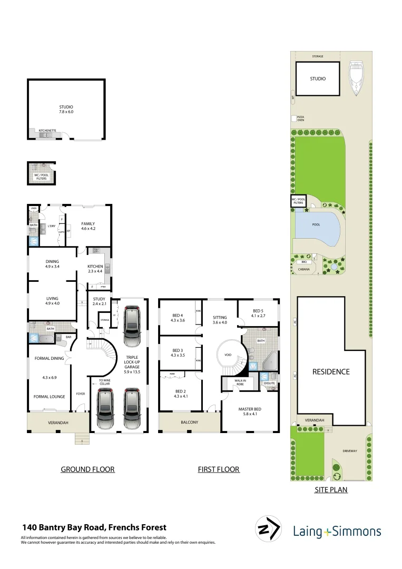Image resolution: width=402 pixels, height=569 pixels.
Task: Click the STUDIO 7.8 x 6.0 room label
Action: coord(66,110)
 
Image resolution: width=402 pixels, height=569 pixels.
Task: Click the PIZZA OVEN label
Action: coord(300,119)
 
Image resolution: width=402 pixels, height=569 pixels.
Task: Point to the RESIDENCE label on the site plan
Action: coord(331,371)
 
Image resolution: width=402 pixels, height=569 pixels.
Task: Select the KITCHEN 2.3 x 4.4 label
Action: coord(95,269)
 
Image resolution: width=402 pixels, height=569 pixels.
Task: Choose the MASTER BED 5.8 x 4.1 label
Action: coord(249,412)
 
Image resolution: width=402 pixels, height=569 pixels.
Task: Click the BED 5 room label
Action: coord(258,313)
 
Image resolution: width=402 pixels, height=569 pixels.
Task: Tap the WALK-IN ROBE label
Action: coord(235,381)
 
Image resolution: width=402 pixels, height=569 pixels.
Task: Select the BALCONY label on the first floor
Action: coord(189,422)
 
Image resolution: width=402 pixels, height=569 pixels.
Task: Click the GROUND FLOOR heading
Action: coord(87,469)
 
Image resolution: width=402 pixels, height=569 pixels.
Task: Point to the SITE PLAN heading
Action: coord(331,489)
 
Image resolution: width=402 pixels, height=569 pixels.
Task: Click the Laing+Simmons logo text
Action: coord(337,531)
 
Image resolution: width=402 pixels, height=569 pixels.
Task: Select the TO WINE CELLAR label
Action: coord(103,382)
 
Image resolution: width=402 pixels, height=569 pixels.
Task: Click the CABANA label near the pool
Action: coord(304,269)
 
